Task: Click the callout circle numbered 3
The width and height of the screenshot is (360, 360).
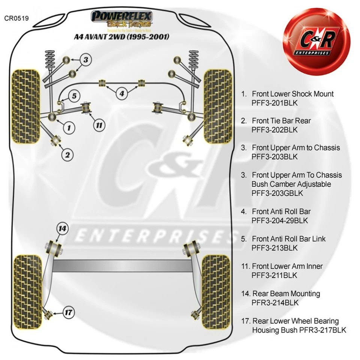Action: click(x=85, y=59)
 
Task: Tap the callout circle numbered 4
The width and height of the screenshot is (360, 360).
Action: click(x=121, y=93)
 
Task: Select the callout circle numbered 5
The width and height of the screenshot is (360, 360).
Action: click(x=74, y=96)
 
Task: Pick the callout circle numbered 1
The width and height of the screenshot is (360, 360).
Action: click(x=69, y=128)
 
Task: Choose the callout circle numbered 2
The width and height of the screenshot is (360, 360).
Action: click(x=68, y=153)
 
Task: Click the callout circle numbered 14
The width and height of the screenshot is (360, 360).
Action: click(x=62, y=228)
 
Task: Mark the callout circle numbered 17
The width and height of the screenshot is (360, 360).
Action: click(x=68, y=312)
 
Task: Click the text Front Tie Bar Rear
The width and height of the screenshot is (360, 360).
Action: click(x=281, y=121)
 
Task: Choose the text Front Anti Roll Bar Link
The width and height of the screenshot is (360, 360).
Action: click(x=289, y=238)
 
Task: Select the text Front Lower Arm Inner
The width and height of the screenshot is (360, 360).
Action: click(x=287, y=266)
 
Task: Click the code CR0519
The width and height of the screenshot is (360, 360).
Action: click(x=16, y=18)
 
